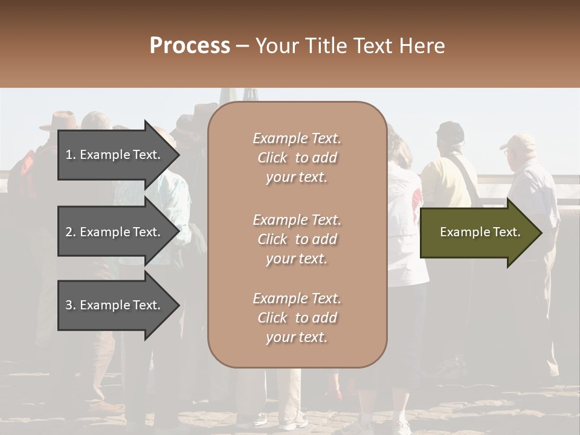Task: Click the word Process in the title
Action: [x=190, y=46]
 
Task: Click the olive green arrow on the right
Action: [x=480, y=233]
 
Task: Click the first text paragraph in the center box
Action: [x=297, y=158]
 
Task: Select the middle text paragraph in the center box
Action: [x=297, y=239]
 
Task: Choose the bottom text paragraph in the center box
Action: [x=297, y=318]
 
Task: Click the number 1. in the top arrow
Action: [x=71, y=155]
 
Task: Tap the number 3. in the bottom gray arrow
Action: [x=71, y=305]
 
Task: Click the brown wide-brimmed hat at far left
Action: [x=60, y=121]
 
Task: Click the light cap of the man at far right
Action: [x=518, y=142]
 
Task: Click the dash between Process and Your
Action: [x=242, y=46]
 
